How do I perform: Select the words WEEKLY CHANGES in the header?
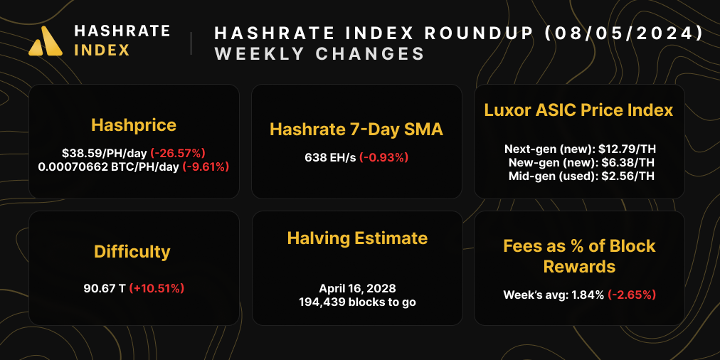tap(319, 54)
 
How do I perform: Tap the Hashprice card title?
tap(134, 125)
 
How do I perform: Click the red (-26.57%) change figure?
tap(178, 152)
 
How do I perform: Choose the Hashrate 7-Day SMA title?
tap(356, 129)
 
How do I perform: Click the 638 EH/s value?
tap(330, 157)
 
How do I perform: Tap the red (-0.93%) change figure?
tap(384, 157)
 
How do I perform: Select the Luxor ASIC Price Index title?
tap(578, 110)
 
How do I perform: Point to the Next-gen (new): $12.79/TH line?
tap(578, 149)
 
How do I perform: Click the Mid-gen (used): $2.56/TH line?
tap(578, 176)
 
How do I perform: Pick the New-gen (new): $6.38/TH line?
tap(578, 163)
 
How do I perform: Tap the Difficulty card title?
tap(132, 252)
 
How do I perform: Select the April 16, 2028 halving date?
tap(357, 289)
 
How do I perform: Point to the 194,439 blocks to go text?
tap(357, 302)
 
